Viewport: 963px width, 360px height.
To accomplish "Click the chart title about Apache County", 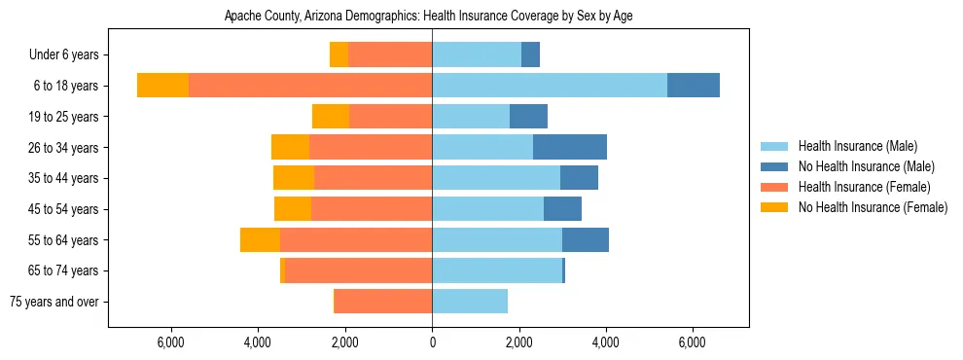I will coord(429,17).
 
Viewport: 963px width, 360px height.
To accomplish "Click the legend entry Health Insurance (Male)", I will coord(857,146).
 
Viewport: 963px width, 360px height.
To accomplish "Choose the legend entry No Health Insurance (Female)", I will coord(873,207).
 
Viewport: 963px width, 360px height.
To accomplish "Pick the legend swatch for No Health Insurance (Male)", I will coord(775,166).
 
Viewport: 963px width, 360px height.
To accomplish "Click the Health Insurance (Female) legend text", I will coord(864,187).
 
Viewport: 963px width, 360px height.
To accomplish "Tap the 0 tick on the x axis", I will coord(432,342).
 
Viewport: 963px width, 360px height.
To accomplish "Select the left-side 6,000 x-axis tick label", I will coord(170,342).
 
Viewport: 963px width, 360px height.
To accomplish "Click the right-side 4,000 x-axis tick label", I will coord(605,342).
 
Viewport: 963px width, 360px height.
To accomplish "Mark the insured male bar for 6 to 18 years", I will coord(550,86).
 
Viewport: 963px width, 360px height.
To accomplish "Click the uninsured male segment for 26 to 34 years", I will coord(570,147).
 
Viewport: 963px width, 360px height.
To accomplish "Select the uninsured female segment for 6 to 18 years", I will coord(162,86).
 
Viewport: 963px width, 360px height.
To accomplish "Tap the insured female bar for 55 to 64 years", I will coord(356,240).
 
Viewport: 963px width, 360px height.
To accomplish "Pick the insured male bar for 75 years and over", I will coord(470,302).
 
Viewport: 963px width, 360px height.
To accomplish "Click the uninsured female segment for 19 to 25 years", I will coord(331,117).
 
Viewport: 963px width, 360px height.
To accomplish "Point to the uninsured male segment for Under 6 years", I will coord(530,54).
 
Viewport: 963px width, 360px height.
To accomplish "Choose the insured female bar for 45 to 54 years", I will coord(372,209).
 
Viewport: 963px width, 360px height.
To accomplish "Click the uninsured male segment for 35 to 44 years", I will coord(579,178).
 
